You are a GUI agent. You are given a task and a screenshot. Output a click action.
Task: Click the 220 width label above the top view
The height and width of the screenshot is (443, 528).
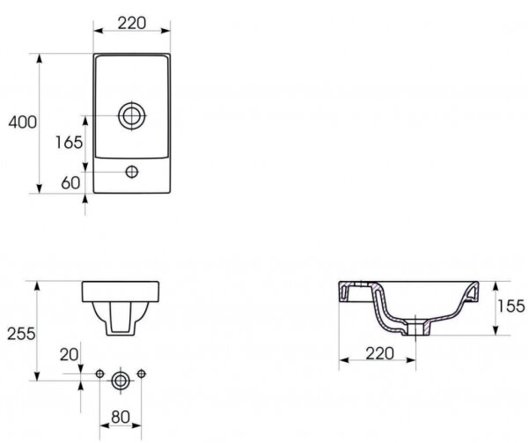(132, 23)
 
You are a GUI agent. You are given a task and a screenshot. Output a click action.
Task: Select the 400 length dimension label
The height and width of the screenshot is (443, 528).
(23, 122)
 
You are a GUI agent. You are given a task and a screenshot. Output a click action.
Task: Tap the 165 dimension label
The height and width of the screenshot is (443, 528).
(69, 142)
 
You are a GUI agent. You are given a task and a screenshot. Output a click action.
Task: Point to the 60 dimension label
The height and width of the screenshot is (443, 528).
(70, 182)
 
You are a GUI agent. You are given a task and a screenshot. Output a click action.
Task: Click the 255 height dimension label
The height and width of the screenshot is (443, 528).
(21, 334)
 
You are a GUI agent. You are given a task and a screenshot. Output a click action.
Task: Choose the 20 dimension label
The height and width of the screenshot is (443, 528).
(69, 355)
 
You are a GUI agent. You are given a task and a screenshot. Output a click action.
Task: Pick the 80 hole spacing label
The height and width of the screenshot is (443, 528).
(121, 417)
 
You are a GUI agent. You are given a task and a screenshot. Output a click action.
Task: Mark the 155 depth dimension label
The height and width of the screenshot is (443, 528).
(510, 306)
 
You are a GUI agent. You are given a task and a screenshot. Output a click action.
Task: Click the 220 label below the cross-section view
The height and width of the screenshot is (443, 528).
(379, 353)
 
